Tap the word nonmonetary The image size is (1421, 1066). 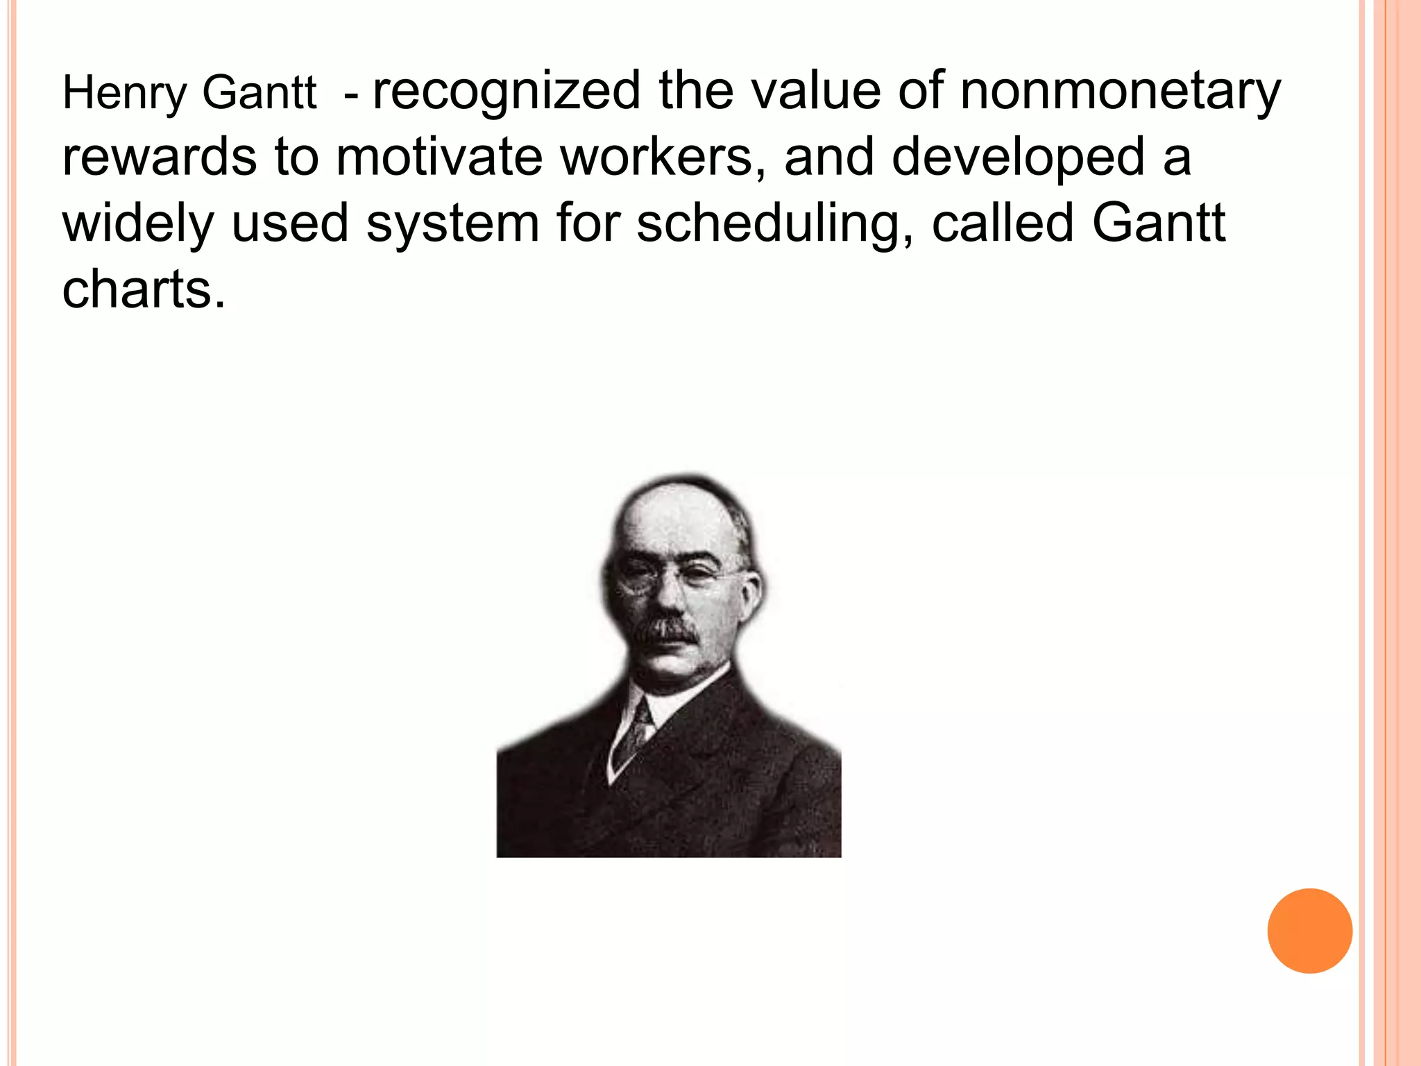point(1120,92)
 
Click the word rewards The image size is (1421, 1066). point(160,157)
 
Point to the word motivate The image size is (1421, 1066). point(439,157)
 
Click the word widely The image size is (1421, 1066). point(137,223)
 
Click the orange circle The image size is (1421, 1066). point(1309,931)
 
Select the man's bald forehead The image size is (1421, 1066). point(677,521)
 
